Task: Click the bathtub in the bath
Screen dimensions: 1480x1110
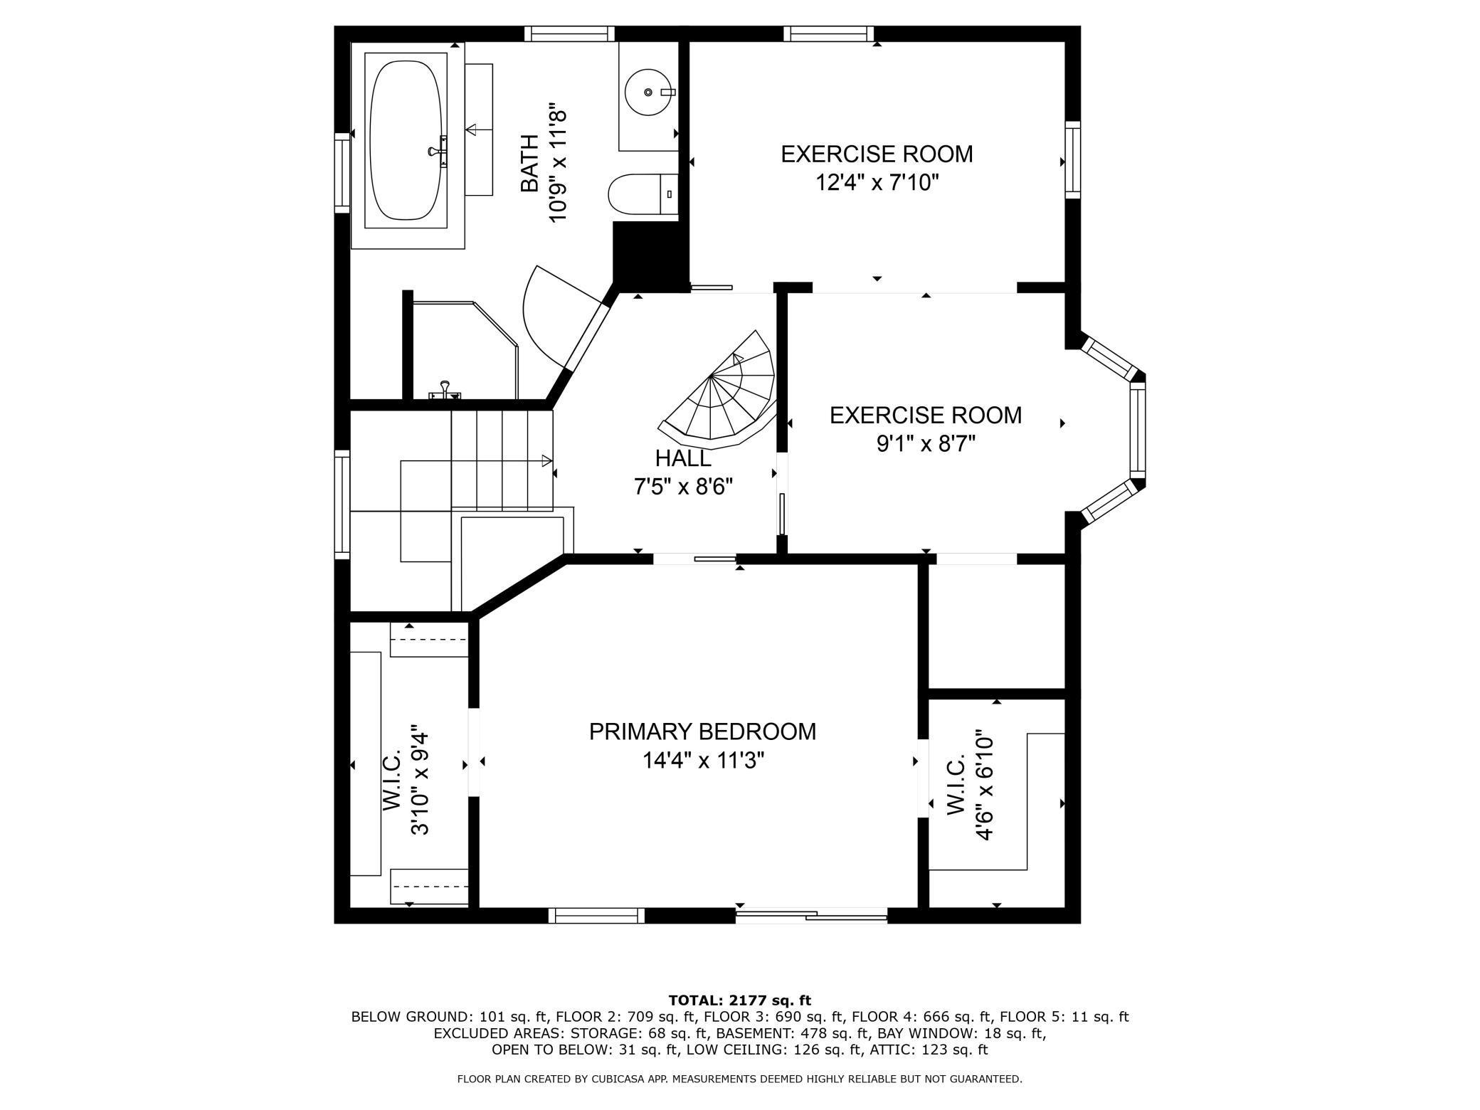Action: [x=406, y=140]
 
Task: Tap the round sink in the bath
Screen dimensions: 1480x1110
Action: [x=648, y=92]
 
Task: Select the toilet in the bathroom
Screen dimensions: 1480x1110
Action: [x=643, y=194]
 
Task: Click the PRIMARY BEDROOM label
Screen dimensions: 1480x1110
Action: [x=702, y=731]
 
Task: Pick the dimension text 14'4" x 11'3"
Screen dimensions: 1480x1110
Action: [x=703, y=761]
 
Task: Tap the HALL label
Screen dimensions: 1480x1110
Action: [x=683, y=458]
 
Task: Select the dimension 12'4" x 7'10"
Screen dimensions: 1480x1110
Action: [x=877, y=183]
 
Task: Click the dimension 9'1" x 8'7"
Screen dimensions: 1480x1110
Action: [x=925, y=444]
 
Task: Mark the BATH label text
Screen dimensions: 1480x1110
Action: [x=529, y=164]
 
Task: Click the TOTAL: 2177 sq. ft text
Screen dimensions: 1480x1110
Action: [x=740, y=1000]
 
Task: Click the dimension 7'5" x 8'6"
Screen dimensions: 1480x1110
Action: [x=683, y=487]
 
